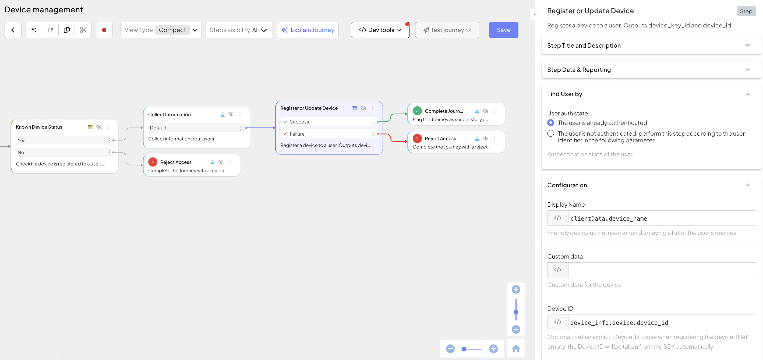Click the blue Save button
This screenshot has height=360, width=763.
[x=503, y=30]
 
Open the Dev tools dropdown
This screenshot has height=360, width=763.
[x=380, y=30]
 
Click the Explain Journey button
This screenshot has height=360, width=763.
[x=308, y=30]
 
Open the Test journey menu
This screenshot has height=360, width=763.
[x=447, y=30]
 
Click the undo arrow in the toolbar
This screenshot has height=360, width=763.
[x=34, y=30]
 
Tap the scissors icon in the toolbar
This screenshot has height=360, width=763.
[x=83, y=30]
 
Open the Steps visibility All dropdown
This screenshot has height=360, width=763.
[x=239, y=30]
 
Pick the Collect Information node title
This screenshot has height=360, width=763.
[x=169, y=115]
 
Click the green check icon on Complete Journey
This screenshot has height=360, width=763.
[x=417, y=111]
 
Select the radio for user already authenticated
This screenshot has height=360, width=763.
[x=550, y=123]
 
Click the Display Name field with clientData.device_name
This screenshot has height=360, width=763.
[x=662, y=218]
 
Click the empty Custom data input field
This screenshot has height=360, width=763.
[x=662, y=270]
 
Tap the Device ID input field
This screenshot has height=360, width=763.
[x=662, y=322]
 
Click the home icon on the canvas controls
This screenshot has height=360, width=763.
[x=516, y=349]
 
